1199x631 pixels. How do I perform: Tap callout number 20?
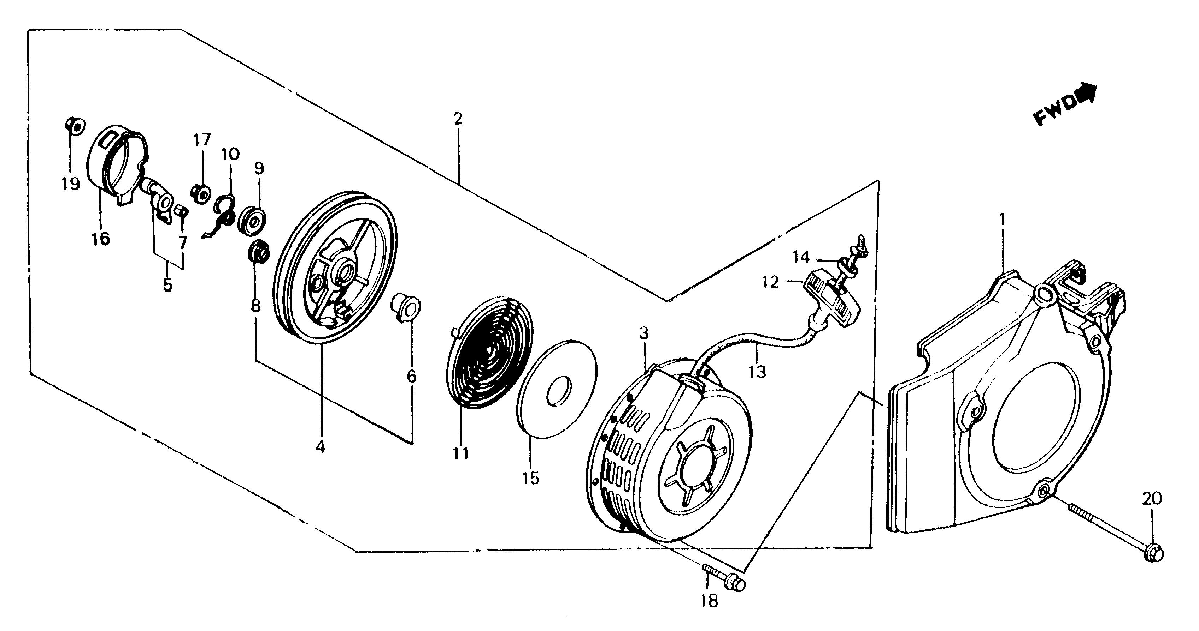point(1152,499)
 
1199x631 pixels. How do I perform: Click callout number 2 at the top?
point(458,119)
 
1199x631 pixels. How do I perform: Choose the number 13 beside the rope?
point(757,372)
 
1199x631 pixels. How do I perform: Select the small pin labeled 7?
point(181,212)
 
